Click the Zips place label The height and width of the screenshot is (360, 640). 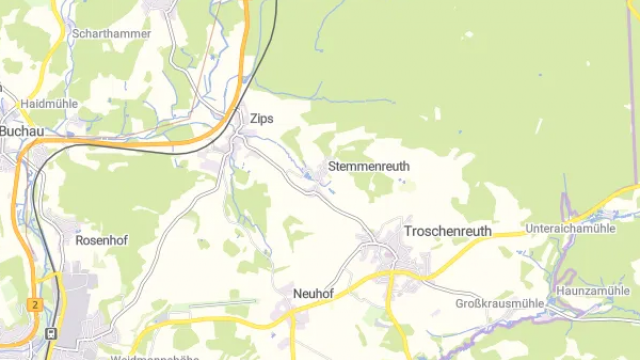point(261,119)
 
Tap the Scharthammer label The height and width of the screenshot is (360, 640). point(112,33)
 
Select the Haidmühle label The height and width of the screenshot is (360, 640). point(48,103)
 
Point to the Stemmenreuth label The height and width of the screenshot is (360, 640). point(369,165)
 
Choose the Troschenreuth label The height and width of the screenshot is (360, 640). point(447,231)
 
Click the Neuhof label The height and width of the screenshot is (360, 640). point(313,293)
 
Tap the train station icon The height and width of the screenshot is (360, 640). point(51,333)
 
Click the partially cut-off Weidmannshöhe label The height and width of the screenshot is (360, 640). point(151,356)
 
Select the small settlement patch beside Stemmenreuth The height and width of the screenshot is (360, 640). point(322,181)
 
